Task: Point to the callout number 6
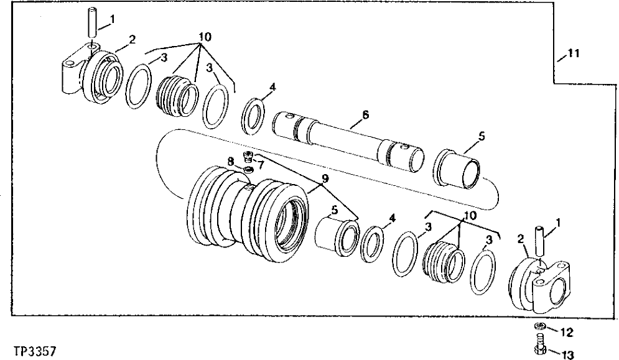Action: (365, 114)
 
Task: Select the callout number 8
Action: (231, 162)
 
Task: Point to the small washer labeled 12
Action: (539, 328)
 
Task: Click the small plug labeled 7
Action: (248, 156)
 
